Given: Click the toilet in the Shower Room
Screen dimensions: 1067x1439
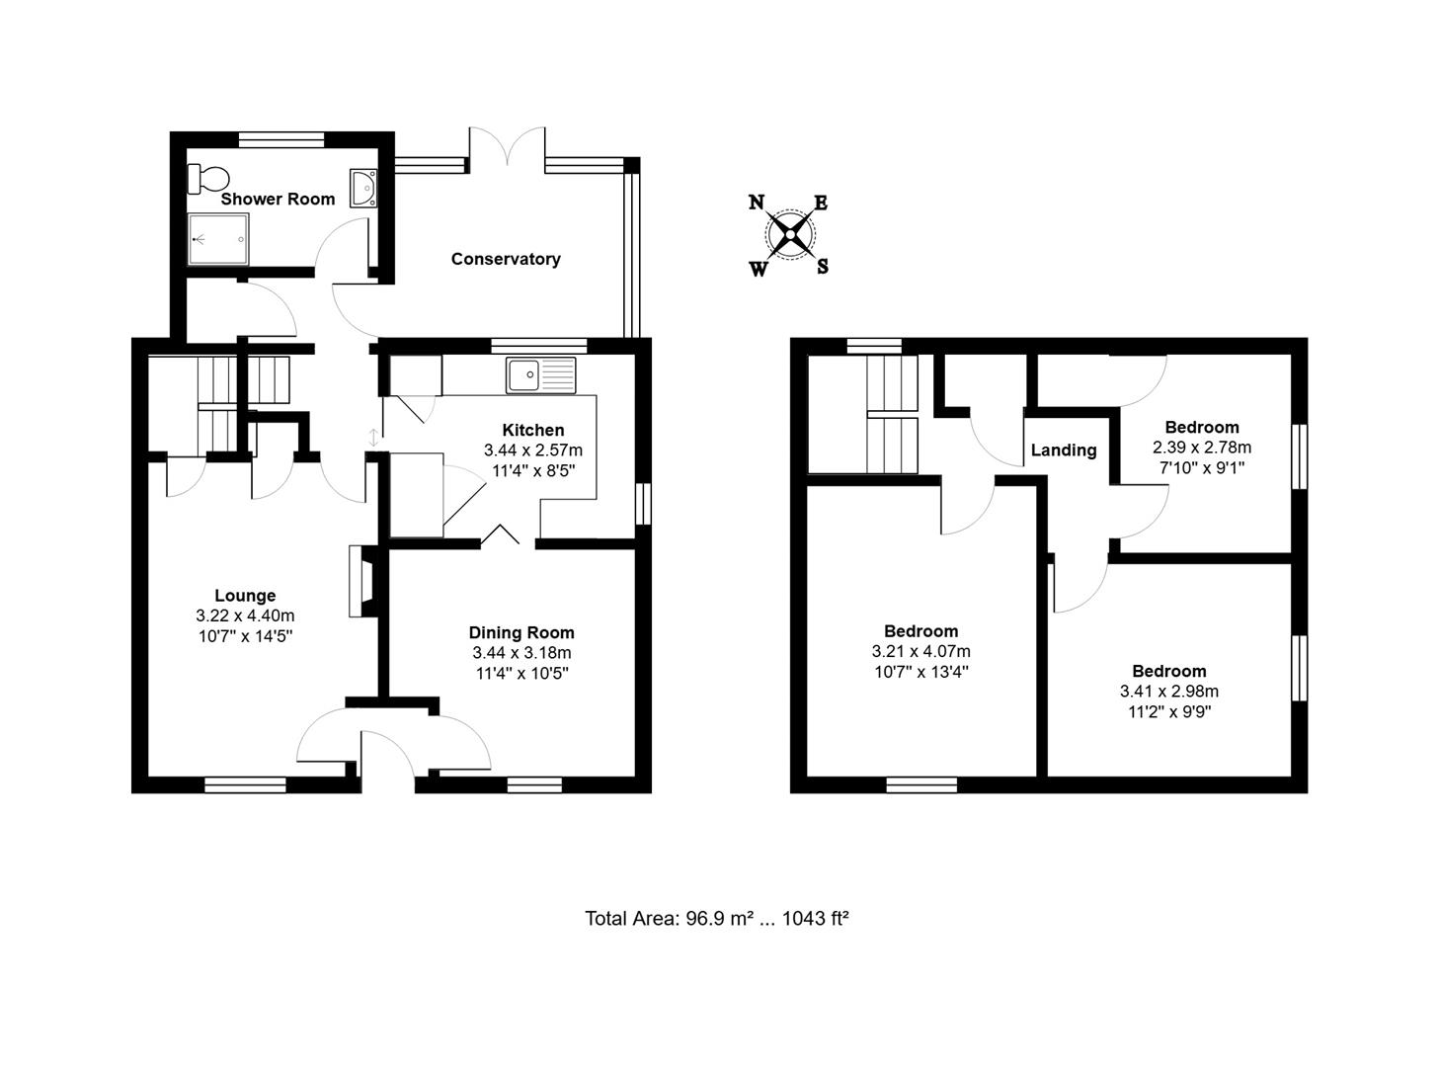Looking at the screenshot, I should [x=208, y=178].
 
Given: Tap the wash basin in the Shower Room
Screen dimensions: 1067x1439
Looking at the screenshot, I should [x=363, y=187].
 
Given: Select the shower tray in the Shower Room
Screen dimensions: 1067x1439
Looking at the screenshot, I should [x=218, y=241].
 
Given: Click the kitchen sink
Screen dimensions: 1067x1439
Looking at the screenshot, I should [x=540, y=374].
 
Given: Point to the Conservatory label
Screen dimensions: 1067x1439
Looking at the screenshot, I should [x=506, y=259].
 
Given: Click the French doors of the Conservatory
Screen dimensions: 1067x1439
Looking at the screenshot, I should [x=507, y=148].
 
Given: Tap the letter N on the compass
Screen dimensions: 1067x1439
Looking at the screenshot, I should [x=757, y=203].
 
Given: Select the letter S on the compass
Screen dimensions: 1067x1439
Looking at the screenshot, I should [x=822, y=266].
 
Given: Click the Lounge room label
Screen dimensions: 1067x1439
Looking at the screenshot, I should [x=245, y=596].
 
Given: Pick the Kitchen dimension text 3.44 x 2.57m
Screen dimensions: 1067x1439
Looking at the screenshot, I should [x=533, y=451].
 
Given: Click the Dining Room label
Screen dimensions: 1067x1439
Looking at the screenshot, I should [x=521, y=632].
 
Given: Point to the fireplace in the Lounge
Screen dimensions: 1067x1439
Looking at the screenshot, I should [x=361, y=583].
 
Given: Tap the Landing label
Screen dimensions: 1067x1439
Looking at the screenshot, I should [x=1064, y=451].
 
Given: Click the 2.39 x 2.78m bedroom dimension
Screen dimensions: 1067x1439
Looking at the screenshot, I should [x=1202, y=448].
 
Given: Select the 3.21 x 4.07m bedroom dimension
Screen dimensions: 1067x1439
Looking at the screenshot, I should [x=920, y=652].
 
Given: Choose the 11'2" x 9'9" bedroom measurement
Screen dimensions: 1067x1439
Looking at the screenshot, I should [x=1168, y=711].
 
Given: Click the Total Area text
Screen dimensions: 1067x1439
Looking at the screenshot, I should [x=717, y=919].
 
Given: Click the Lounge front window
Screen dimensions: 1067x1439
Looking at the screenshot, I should [x=245, y=785].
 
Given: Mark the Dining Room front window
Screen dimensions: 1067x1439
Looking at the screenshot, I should [x=534, y=785].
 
